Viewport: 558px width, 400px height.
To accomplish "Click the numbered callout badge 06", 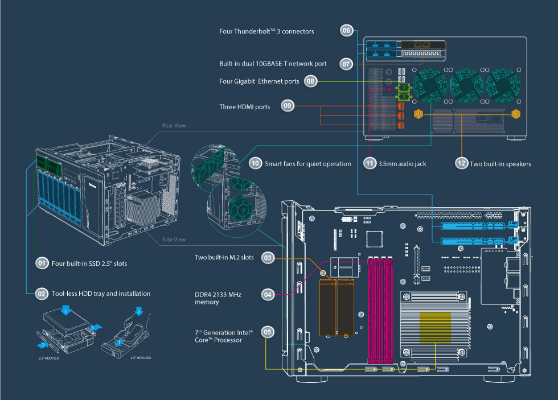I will (x=347, y=31).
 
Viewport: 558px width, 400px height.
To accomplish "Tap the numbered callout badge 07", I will (x=347, y=64).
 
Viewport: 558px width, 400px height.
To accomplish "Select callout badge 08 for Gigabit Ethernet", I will (x=310, y=81).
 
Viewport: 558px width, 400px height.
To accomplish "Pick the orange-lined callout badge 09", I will (x=288, y=106).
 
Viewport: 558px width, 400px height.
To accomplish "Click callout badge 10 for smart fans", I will (x=255, y=163).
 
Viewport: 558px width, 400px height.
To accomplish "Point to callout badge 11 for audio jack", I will (x=370, y=163).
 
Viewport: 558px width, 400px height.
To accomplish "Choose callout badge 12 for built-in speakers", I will (x=461, y=163).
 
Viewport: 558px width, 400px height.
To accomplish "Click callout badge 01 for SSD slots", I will (x=41, y=263).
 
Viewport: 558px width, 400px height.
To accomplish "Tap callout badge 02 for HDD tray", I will (x=41, y=294).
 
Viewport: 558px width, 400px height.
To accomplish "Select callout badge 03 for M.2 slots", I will (x=268, y=258).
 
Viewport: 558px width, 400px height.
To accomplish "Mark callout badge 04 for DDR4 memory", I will (x=268, y=294).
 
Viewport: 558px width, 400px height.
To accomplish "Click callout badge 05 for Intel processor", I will (x=268, y=331).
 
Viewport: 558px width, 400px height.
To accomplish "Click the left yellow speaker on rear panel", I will (x=419, y=114).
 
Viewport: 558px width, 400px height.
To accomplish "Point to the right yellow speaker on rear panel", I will (x=516, y=114).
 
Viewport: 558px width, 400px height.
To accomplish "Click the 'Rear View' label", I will (x=174, y=126).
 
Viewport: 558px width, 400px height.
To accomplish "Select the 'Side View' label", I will (x=174, y=240).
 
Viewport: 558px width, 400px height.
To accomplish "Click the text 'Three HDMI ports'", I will (x=245, y=106).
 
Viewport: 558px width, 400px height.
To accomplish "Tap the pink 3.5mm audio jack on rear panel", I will (x=389, y=89).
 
